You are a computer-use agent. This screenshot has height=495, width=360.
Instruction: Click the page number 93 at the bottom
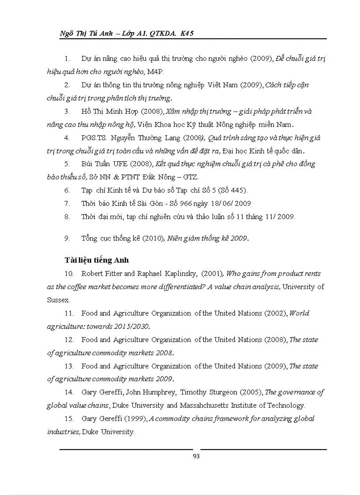pos(196,456)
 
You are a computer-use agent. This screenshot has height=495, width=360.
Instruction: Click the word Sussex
pos(58,300)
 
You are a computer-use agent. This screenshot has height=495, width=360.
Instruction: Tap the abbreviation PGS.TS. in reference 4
pos(94,138)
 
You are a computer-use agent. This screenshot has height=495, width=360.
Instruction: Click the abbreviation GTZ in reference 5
pos(191,177)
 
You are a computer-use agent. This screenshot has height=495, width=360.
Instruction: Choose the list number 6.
pos(67,190)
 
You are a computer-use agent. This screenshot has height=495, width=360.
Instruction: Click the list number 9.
pos(67,238)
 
